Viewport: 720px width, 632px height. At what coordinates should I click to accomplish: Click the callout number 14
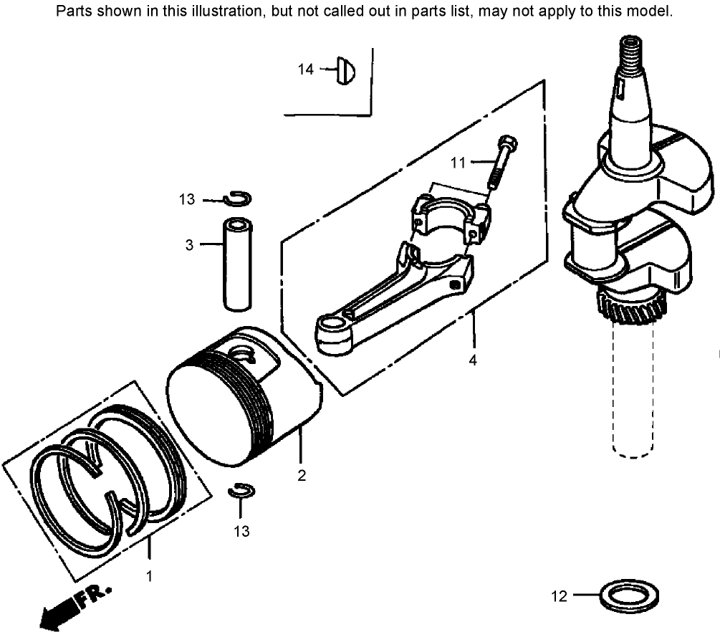(306, 70)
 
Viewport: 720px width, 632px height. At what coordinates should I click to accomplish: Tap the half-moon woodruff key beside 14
(347, 70)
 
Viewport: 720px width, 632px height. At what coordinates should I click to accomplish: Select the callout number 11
(458, 163)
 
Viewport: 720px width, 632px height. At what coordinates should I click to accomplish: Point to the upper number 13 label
(186, 200)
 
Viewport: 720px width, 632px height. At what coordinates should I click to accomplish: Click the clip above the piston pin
(236, 198)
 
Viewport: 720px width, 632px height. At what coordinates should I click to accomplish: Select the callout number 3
(189, 245)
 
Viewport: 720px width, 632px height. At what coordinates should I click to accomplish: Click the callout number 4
(473, 360)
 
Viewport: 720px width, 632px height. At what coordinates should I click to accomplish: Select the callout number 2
(302, 476)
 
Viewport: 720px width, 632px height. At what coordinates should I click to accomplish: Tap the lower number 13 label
(241, 531)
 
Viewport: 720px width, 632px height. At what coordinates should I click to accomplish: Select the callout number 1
(150, 575)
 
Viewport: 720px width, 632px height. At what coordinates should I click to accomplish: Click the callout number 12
(560, 595)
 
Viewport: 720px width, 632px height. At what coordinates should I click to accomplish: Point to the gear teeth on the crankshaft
(630, 311)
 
